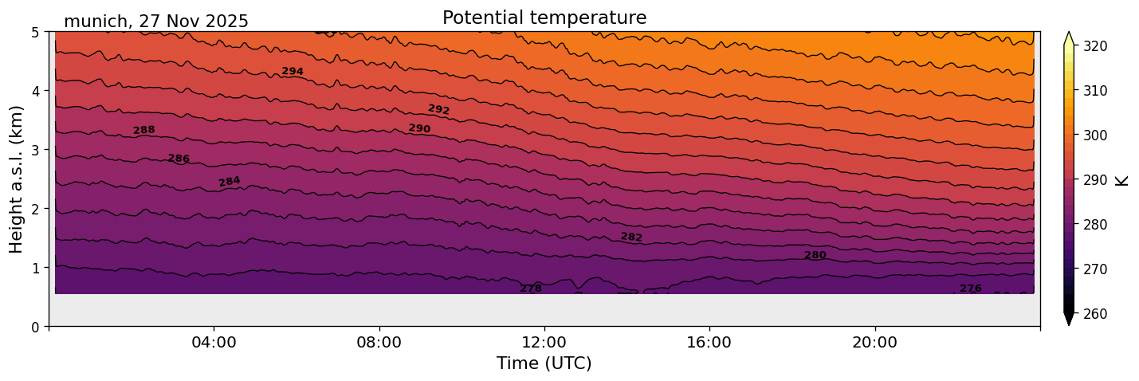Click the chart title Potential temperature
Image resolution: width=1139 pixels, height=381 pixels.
(544, 18)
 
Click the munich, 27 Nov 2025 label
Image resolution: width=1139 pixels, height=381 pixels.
(156, 22)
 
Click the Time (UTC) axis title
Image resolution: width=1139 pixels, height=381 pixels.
(544, 363)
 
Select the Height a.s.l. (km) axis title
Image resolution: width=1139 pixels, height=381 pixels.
(17, 179)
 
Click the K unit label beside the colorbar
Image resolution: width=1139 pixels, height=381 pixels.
(1122, 180)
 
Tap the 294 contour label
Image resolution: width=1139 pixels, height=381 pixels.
(293, 72)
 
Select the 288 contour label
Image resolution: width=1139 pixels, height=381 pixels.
(144, 130)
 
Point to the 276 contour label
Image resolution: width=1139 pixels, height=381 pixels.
(971, 289)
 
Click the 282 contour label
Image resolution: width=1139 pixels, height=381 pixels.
(631, 237)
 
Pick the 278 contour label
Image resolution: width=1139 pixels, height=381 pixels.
(531, 289)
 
